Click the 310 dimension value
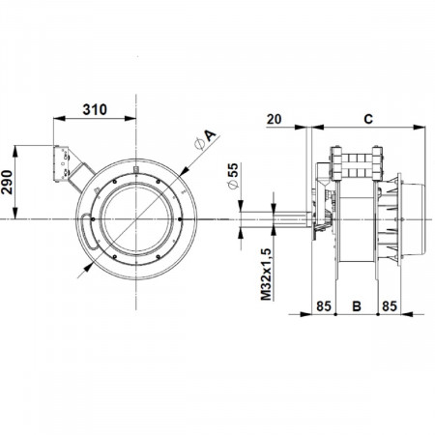click(x=95, y=109)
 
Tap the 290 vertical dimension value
click(x=7, y=183)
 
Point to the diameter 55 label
click(x=233, y=176)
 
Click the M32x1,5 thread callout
click(x=267, y=275)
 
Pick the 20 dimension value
click(x=274, y=119)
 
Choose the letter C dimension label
click(x=368, y=119)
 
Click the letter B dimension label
click(x=357, y=306)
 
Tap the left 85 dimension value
click(x=324, y=306)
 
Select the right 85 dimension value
click(x=390, y=306)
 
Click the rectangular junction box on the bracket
click(x=61, y=163)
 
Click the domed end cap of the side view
click(x=414, y=219)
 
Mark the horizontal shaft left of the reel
click(x=276, y=219)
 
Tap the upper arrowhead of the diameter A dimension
click(x=185, y=171)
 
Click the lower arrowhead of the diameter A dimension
click(x=88, y=268)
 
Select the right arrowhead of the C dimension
click(x=420, y=128)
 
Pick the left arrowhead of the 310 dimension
click(x=59, y=118)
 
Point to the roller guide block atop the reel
click(x=357, y=163)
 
